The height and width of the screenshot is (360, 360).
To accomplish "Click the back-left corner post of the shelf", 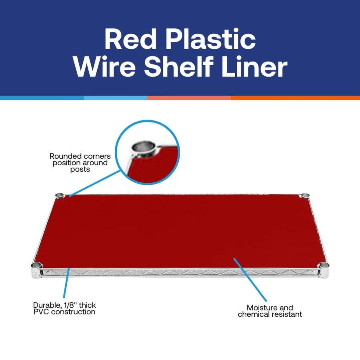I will tap(59, 195).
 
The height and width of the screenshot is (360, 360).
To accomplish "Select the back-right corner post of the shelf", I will tap(305, 195).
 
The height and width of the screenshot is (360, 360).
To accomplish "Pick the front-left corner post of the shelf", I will tap(36, 266).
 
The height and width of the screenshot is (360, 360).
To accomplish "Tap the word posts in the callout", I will tap(79, 169).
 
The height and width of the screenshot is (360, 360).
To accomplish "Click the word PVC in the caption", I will tap(42, 312).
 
